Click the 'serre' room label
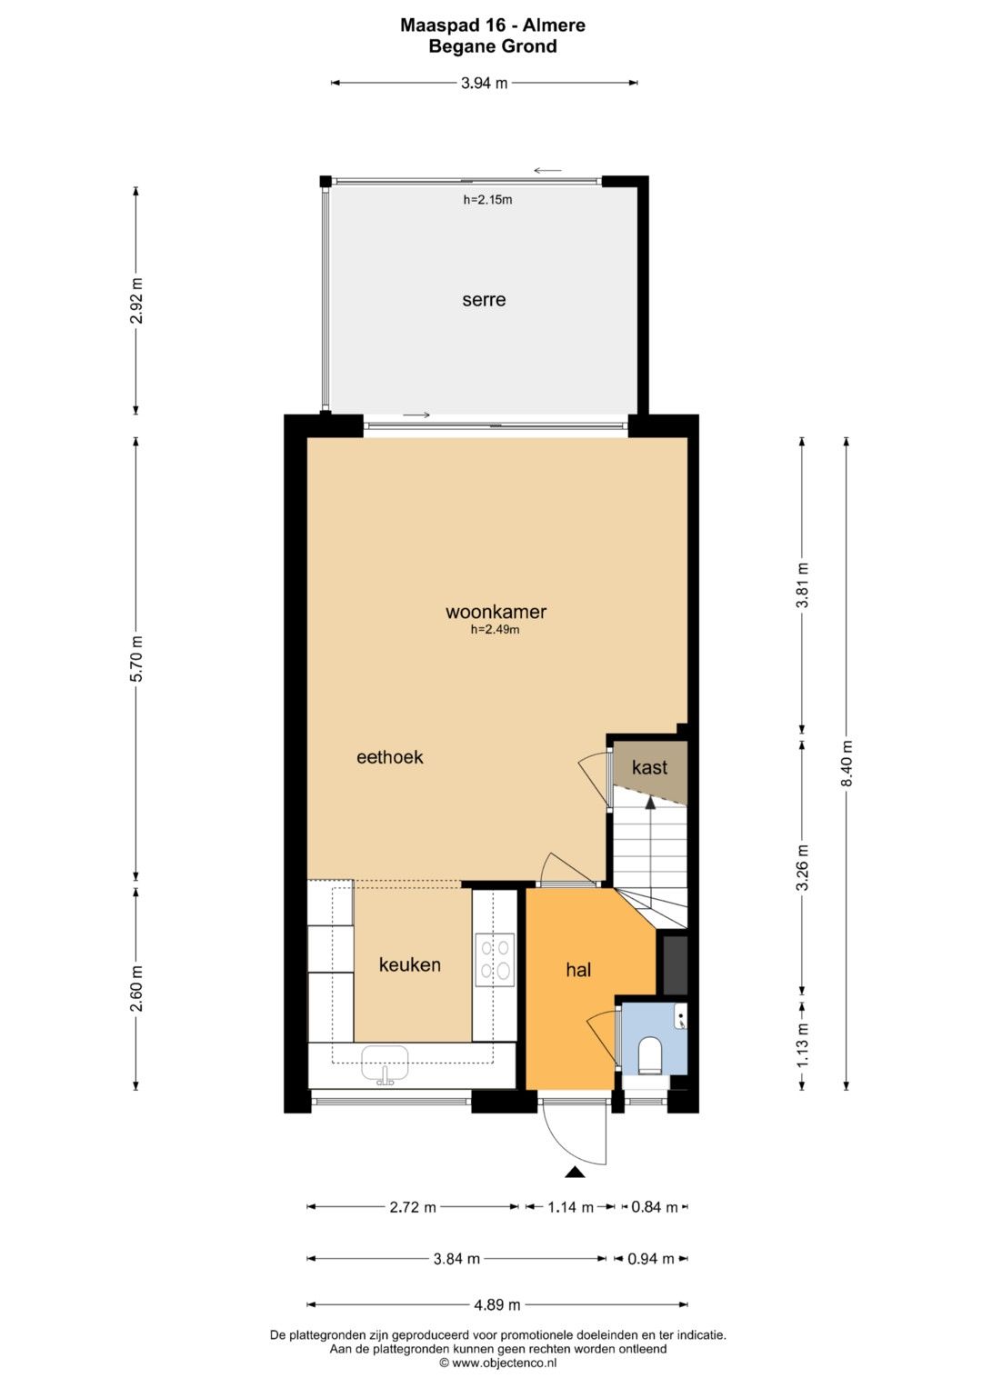coord(484,300)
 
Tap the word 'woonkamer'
coord(496,612)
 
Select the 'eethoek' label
coord(390,756)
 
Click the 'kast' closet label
coord(650,767)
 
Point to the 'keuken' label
coord(410,964)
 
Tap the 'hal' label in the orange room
coord(578,970)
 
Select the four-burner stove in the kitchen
coord(495,960)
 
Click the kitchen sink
coord(385,1063)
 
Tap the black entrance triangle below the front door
coord(576,1172)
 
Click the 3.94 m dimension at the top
coord(484,83)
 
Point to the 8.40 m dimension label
coord(847,764)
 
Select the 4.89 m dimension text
coord(497,1305)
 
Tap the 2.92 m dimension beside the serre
coord(137,301)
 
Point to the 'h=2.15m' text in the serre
coord(488,200)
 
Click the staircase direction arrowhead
coord(650,803)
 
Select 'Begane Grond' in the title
coord(493,46)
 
